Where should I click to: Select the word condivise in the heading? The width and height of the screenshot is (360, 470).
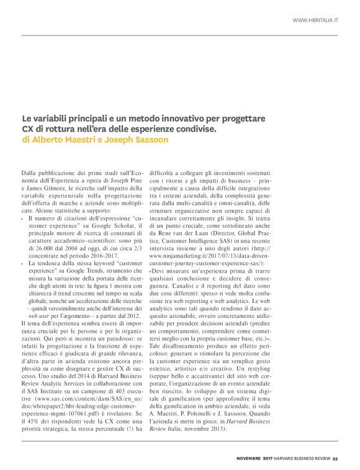point(195,129)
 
